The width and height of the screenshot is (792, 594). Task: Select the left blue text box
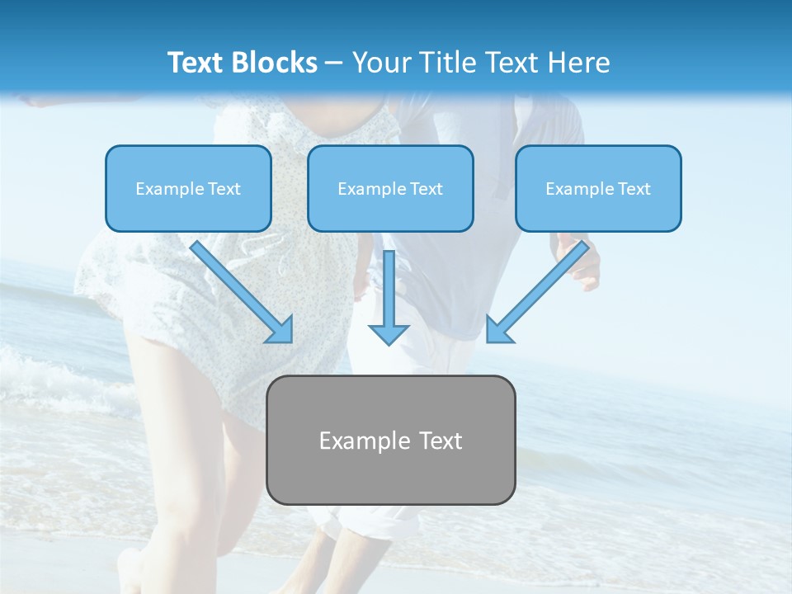(188, 188)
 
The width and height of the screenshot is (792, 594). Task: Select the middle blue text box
(390, 188)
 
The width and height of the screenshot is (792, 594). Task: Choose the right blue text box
(598, 188)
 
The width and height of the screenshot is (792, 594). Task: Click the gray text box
(390, 440)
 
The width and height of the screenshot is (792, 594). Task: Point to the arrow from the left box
(239, 290)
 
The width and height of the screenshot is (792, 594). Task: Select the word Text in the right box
(634, 189)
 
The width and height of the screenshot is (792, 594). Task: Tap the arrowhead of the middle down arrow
(389, 333)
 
